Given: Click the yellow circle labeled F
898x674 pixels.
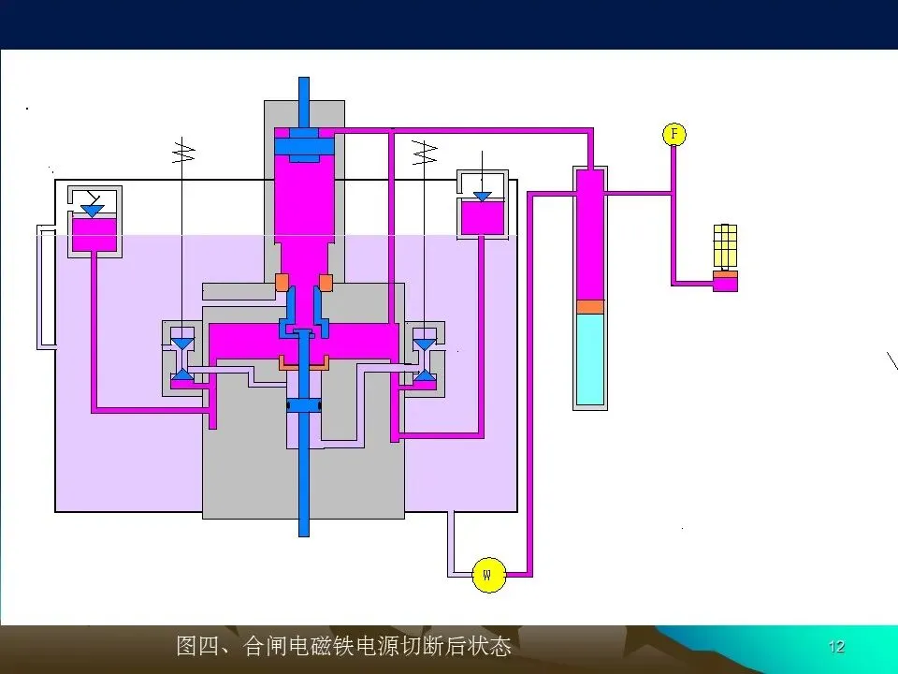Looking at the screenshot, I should coord(673,134).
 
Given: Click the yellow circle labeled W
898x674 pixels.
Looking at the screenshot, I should coord(488,573).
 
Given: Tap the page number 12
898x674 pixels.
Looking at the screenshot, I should coord(836,647).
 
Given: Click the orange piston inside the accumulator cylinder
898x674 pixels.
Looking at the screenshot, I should coord(589,306).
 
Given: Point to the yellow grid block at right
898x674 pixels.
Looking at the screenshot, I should coord(725,246).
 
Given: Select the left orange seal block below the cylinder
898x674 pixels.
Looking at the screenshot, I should coord(282,282).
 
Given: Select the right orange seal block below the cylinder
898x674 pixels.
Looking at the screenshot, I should coord(326,282).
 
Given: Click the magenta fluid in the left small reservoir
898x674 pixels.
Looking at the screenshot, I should coord(94,234).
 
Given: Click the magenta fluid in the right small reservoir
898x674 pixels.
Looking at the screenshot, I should coord(482,217).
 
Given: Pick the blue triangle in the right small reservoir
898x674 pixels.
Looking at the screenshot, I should coord(482,196).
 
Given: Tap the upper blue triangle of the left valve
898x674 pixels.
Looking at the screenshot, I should coord(182,344).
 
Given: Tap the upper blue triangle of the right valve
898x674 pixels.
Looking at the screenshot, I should coord(425,344).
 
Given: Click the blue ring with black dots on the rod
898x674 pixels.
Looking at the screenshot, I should coord(304,405).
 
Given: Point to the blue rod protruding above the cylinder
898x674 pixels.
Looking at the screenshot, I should coord(304,98).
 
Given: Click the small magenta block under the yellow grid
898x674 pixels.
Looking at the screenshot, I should coord(725,282).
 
